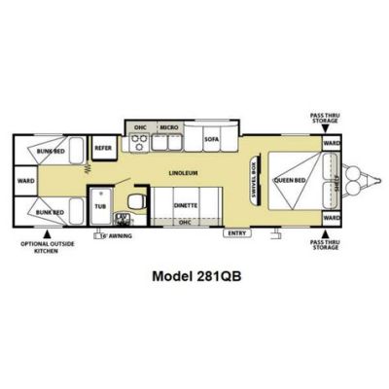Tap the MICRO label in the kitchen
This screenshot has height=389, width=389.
pos(168,127)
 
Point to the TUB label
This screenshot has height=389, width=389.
pos(99,206)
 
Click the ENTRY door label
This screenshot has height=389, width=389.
pos(234,232)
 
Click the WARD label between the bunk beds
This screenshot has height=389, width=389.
pos(25,180)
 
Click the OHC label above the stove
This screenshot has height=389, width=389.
pos(141,127)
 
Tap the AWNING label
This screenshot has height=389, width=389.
pos(119,233)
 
